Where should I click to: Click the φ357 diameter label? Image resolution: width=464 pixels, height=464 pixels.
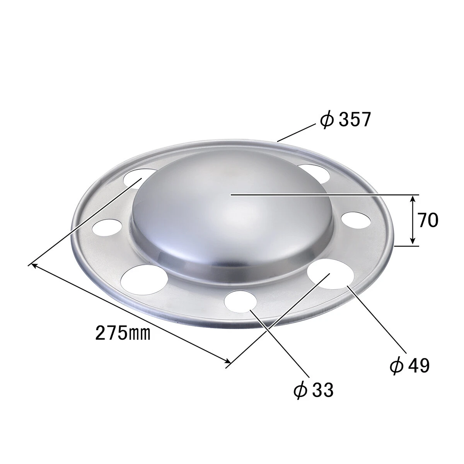click(x=345, y=119)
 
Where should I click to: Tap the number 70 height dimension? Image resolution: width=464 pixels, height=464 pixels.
click(x=428, y=220)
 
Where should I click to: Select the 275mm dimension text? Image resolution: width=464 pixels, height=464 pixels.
click(x=123, y=333)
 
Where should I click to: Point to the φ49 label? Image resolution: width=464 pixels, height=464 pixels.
click(x=409, y=366)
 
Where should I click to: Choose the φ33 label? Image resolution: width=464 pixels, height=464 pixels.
click(x=313, y=390)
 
